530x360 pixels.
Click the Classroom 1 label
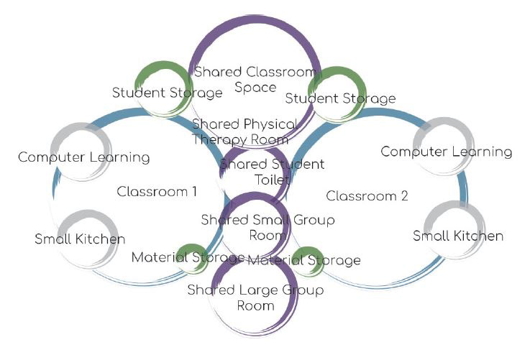[157, 192]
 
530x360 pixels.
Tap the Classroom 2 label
[362, 195]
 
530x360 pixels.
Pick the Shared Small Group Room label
[268, 227]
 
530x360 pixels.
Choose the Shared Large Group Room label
[255, 297]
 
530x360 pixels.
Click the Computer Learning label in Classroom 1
[84, 157]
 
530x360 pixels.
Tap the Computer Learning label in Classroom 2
[446, 152]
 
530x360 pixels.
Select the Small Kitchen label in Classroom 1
[80, 239]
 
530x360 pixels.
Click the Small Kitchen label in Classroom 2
[458, 236]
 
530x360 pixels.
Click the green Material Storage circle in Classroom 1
[193, 257]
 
